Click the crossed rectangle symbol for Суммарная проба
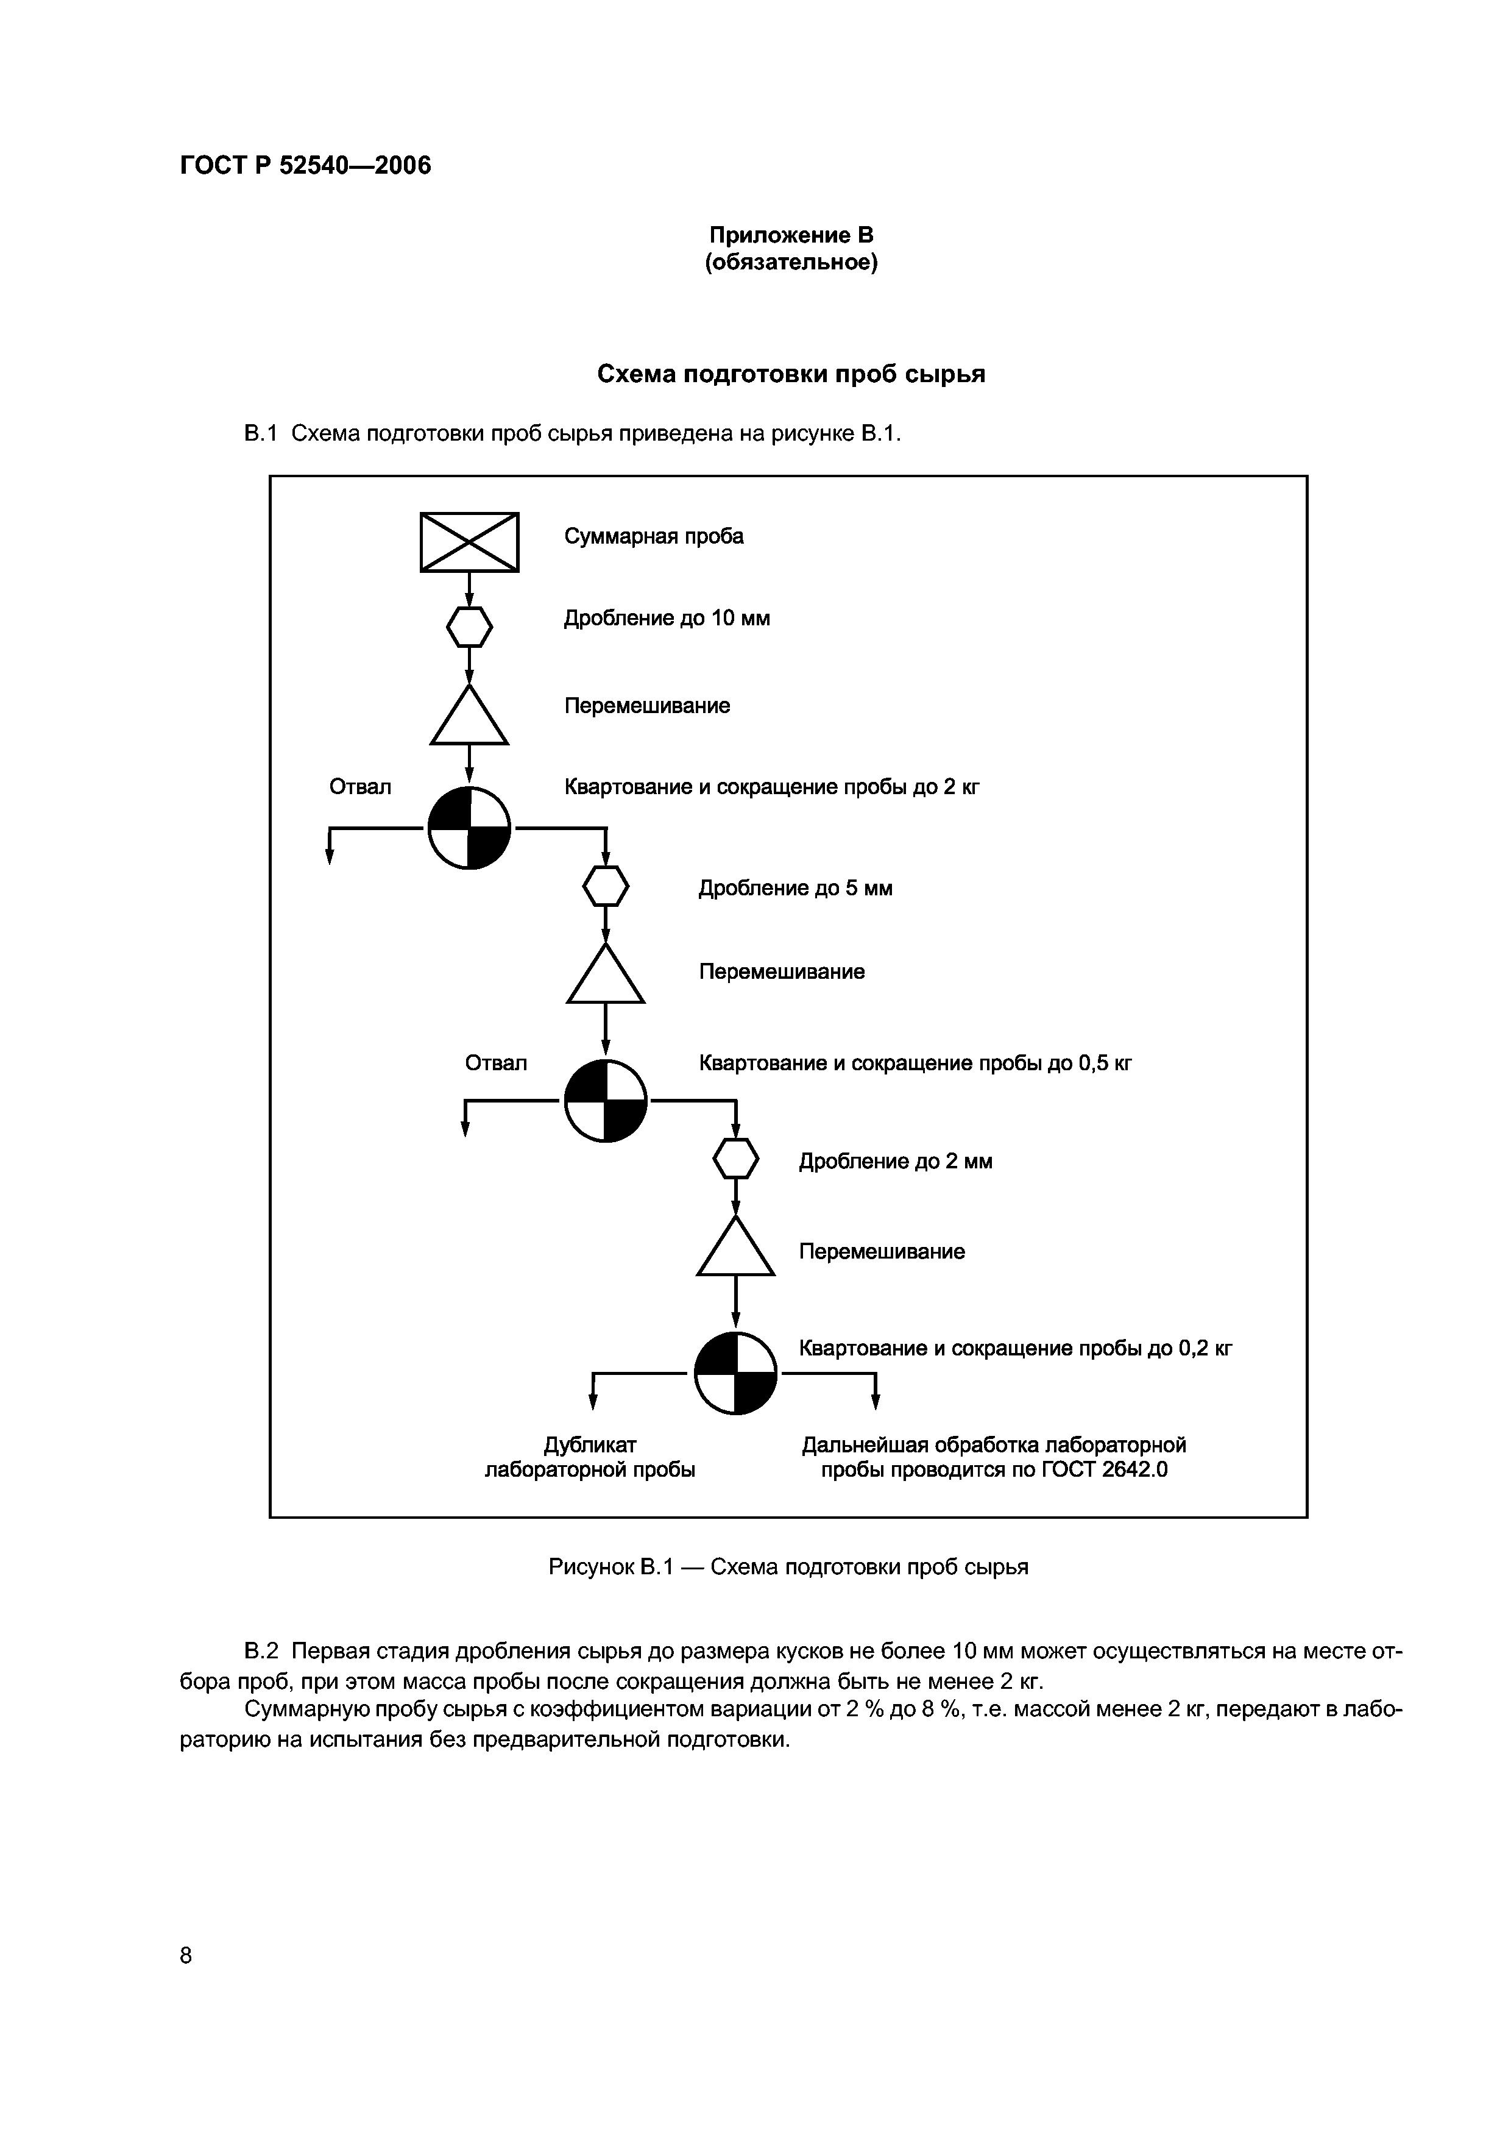[x=469, y=542]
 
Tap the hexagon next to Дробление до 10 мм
[x=469, y=627]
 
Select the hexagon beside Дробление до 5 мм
[x=606, y=886]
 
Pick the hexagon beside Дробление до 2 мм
[x=737, y=1159]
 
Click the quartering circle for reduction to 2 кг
[x=469, y=828]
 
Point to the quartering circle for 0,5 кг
[x=606, y=1101]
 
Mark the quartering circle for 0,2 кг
[x=737, y=1374]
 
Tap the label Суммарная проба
[x=654, y=536]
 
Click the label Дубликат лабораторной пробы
[x=590, y=1457]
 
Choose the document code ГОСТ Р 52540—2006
[x=305, y=166]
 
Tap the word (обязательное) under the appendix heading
[x=791, y=263]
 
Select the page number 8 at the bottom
[x=186, y=1956]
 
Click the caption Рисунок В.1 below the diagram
[x=610, y=1567]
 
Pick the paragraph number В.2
[x=261, y=1651]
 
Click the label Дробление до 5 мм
[x=795, y=889]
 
